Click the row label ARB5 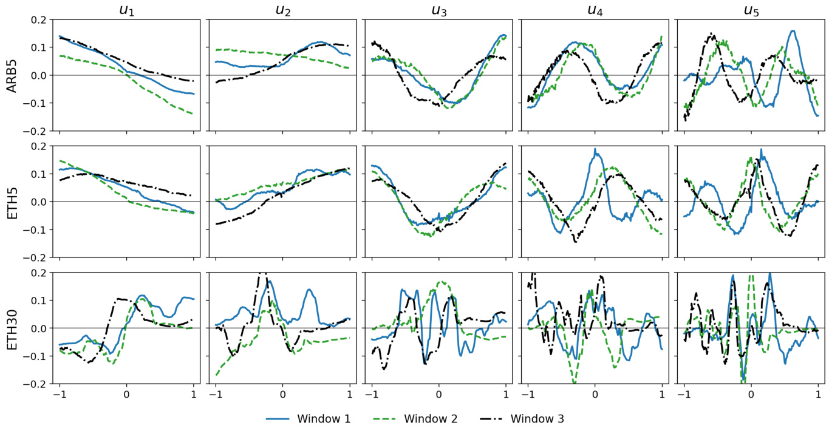10,75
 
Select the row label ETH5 10,202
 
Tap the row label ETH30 10,328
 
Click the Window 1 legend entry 324,418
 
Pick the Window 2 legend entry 431,418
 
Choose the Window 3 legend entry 537,418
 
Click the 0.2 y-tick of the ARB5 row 38,19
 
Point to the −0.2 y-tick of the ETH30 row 36,384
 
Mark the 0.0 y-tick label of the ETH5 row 38,202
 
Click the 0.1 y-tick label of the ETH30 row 38,301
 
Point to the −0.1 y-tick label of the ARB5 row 36,103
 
